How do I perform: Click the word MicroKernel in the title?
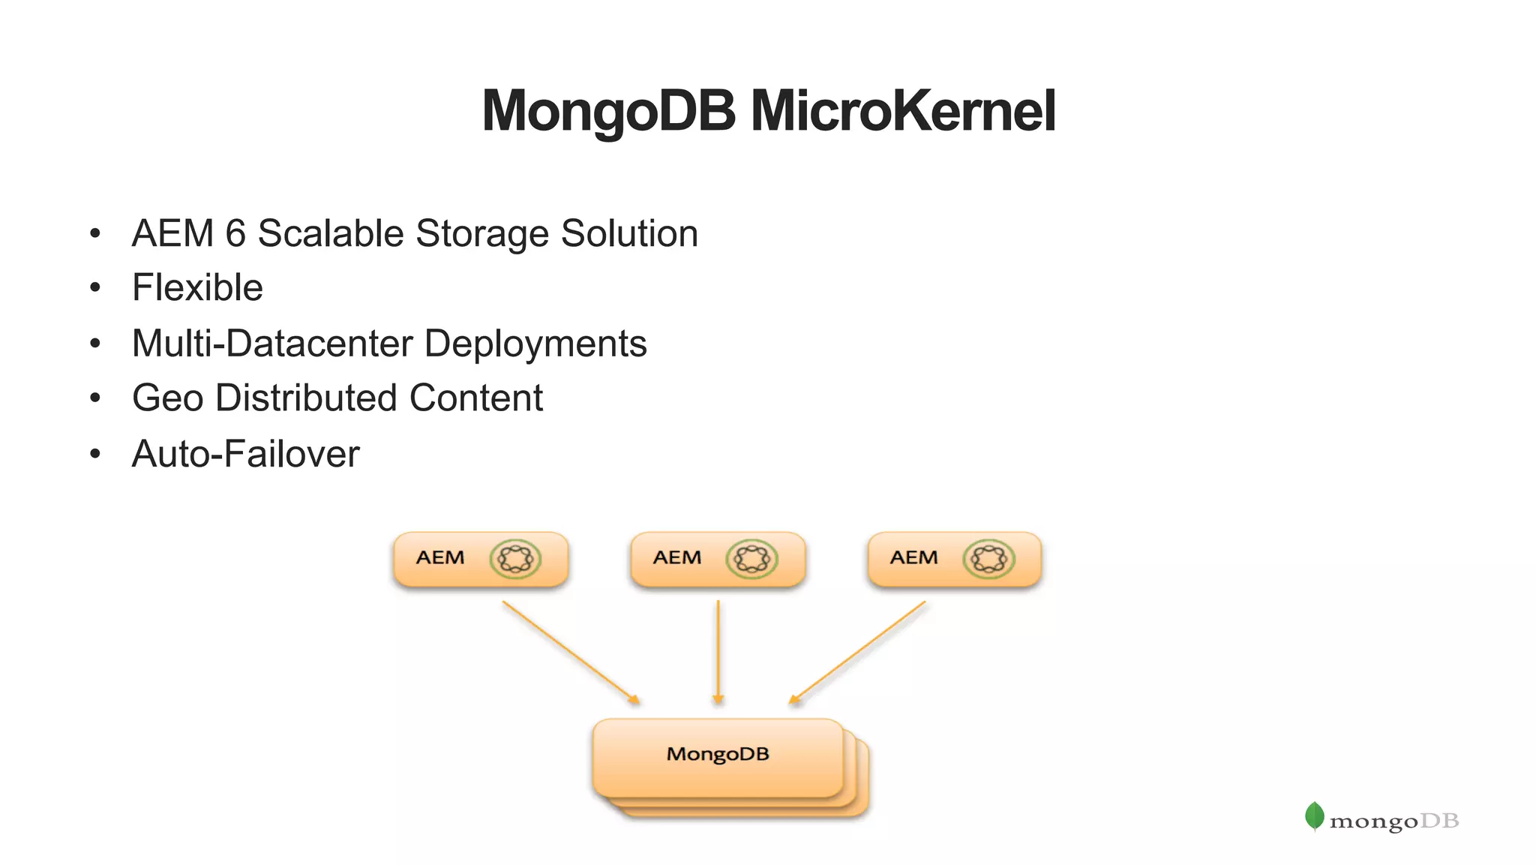[x=903, y=111]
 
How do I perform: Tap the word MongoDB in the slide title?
[x=608, y=111]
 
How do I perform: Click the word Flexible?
[x=197, y=288]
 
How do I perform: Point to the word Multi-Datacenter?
[x=272, y=344]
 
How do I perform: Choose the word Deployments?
[x=535, y=344]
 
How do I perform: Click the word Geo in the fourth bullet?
[x=167, y=398]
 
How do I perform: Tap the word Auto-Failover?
[x=245, y=454]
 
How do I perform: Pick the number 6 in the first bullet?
[x=235, y=233]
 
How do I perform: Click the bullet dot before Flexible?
[x=94, y=288]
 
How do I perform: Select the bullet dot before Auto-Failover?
[x=94, y=454]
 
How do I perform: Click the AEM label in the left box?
[x=440, y=558]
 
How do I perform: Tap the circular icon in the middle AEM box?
[x=751, y=559]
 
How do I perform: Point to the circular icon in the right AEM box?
[x=988, y=559]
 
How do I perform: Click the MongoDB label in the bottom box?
[x=718, y=754]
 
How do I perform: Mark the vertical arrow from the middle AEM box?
[x=718, y=651]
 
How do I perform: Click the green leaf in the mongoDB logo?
[x=1314, y=816]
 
